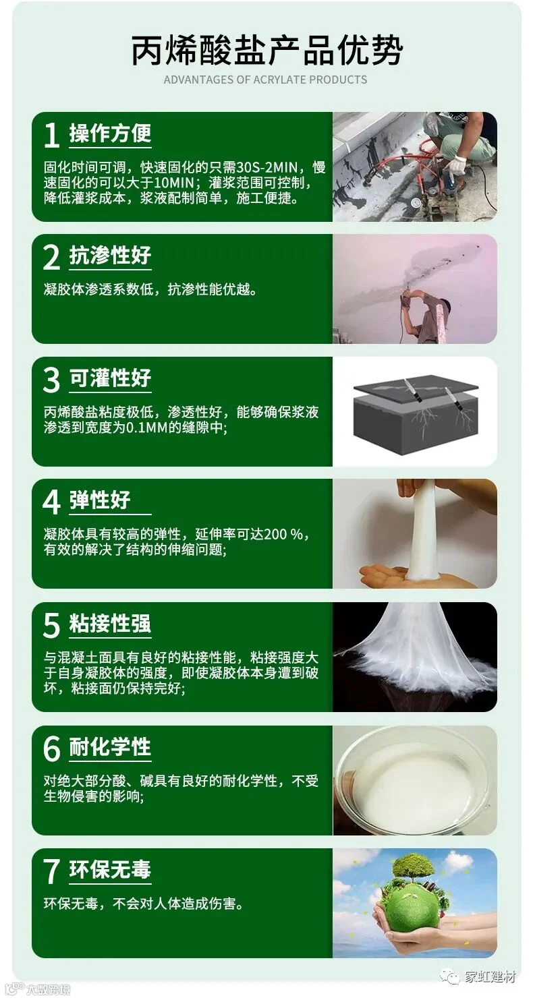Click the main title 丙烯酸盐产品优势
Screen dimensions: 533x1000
tap(266, 51)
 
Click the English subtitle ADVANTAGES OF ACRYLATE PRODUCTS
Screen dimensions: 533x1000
tap(265, 80)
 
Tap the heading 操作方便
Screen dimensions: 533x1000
tap(110, 133)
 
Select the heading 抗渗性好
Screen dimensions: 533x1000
tap(110, 256)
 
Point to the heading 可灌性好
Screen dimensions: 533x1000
tap(110, 378)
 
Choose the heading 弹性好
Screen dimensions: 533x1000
tap(100, 500)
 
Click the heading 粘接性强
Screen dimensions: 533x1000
tap(110, 623)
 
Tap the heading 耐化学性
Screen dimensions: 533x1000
tap(110, 746)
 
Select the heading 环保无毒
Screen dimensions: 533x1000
tap(110, 869)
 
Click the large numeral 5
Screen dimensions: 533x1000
tap(51, 624)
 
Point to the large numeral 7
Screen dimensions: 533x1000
tap(51, 871)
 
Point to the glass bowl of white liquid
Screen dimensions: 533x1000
tap(415, 780)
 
